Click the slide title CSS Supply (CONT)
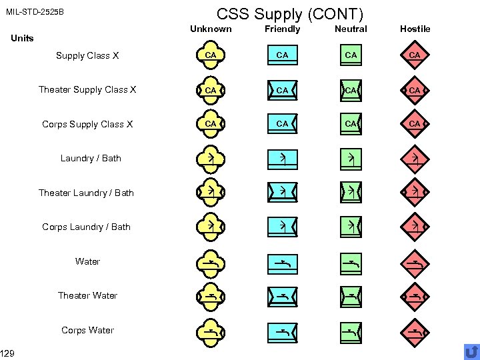click(x=291, y=13)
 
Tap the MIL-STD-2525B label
click(x=35, y=13)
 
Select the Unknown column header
click(x=211, y=29)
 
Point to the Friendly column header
click(x=283, y=29)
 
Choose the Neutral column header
click(x=351, y=29)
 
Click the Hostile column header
click(x=415, y=29)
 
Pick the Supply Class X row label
click(x=87, y=55)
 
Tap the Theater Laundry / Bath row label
click(x=86, y=193)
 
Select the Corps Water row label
click(x=87, y=330)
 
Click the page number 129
click(x=8, y=353)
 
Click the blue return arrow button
click(x=471, y=351)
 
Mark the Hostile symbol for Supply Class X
click(x=415, y=55)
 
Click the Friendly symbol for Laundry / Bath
click(x=283, y=158)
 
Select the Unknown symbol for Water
click(x=211, y=261)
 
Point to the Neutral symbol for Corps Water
click(x=351, y=330)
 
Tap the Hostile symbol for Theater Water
click(x=415, y=295)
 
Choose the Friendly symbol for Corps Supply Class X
click(x=283, y=124)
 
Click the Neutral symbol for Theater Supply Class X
click(x=351, y=89)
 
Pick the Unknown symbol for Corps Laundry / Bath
click(x=211, y=227)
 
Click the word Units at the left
click(x=23, y=38)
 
